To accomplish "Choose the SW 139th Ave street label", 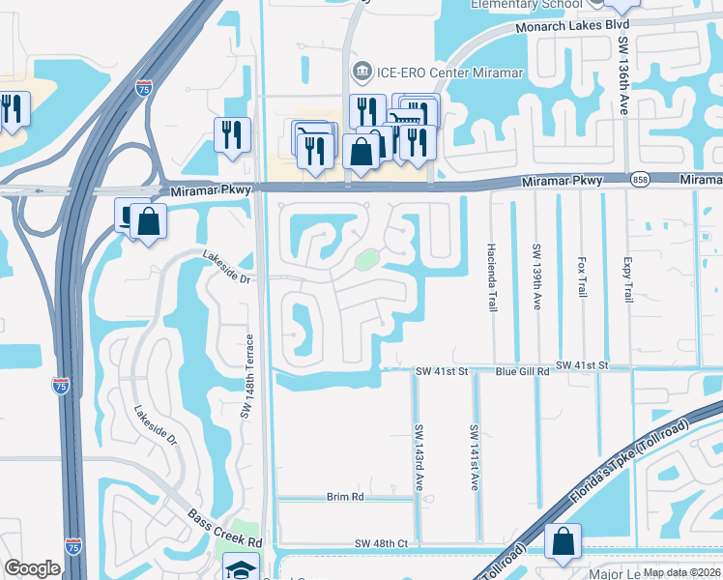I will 536,275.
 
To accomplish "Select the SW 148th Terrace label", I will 247,375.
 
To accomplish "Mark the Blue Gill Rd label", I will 522,370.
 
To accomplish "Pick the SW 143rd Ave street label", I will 419,456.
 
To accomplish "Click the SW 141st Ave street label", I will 475,456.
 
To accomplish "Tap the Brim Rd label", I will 344,496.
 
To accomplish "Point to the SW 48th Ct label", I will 383,544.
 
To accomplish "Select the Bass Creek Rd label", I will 225,528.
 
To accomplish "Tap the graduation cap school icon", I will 241,568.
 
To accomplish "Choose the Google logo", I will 32,568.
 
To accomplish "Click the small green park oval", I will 366,259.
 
